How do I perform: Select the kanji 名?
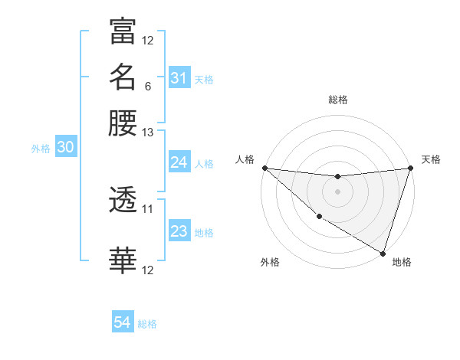(123, 77)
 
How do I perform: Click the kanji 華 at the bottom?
(123, 261)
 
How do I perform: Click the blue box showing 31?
(179, 78)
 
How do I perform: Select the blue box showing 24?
(179, 162)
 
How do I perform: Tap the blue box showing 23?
(179, 231)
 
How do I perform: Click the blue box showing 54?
(123, 322)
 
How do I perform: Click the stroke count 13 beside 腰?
(148, 133)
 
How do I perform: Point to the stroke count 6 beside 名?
(147, 87)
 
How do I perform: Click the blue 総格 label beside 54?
(147, 324)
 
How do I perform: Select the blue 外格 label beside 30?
(41, 149)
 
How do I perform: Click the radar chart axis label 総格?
(338, 100)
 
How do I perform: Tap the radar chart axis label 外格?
(270, 263)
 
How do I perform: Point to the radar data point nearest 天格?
(411, 168)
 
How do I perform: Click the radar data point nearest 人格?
(264, 168)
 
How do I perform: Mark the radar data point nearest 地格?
(383, 254)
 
